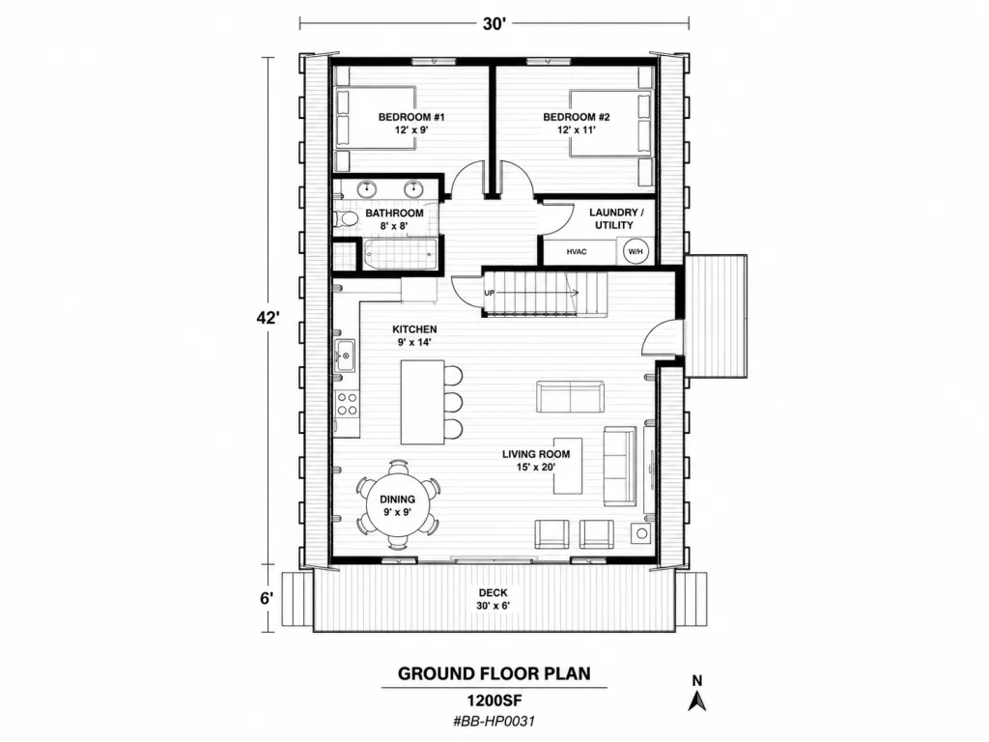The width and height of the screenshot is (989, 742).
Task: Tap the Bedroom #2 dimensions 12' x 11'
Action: click(x=577, y=130)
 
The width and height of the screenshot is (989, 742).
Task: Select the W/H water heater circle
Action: click(x=636, y=252)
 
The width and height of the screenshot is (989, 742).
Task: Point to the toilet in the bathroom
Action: click(x=345, y=219)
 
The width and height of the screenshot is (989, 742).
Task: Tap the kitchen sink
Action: click(x=345, y=356)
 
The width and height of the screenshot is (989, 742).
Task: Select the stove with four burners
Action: click(x=347, y=403)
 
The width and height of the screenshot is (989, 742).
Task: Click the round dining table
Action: click(x=398, y=504)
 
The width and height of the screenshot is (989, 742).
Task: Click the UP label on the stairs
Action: click(x=490, y=294)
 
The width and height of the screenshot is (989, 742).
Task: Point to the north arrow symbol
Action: click(x=697, y=699)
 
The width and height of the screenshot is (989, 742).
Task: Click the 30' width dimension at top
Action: click(x=495, y=24)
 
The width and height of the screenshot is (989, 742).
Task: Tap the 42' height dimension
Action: click(x=268, y=318)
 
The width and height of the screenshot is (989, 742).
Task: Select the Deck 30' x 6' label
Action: click(x=494, y=599)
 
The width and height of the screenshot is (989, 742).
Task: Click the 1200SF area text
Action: click(x=494, y=700)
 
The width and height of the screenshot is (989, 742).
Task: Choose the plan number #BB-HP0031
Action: click(x=494, y=721)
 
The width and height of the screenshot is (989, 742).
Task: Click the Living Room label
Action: click(x=536, y=454)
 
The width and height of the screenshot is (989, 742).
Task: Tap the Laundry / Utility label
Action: click(x=613, y=218)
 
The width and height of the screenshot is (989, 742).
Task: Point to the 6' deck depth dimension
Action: click(x=268, y=598)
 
